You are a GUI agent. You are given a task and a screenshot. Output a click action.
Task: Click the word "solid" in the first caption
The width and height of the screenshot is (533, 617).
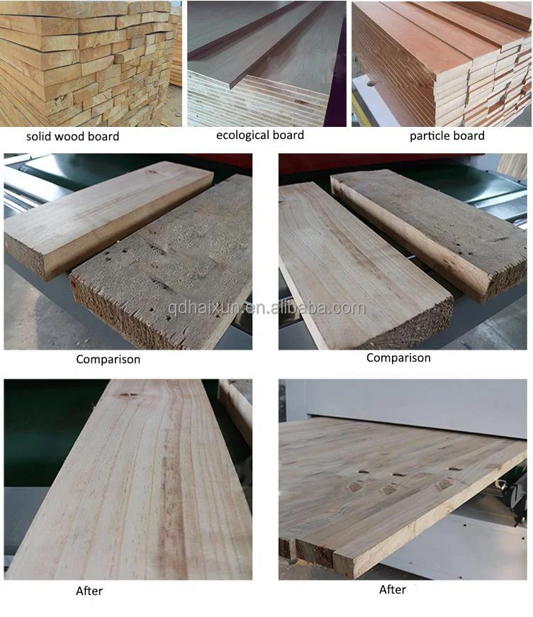tap(38, 136)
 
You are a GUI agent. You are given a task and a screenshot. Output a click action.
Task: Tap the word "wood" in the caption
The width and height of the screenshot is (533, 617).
tap(69, 136)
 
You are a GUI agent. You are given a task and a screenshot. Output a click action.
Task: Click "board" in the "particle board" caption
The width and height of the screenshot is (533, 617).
tap(469, 135)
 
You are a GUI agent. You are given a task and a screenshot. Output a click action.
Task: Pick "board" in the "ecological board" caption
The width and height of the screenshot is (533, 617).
tap(288, 135)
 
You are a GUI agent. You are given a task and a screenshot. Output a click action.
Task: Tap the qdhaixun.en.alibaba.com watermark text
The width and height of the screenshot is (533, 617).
tap(266, 307)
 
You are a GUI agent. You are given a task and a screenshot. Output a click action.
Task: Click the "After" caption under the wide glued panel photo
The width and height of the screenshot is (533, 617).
tap(393, 589)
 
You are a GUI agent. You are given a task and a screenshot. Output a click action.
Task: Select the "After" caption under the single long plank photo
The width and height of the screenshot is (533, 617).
tap(89, 591)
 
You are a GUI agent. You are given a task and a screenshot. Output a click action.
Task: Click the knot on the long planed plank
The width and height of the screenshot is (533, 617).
tap(128, 395)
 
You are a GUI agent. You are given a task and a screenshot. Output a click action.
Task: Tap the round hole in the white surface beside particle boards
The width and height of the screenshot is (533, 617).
tap(371, 84)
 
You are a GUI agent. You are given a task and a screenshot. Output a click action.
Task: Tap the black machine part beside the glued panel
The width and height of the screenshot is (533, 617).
tap(513, 496)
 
